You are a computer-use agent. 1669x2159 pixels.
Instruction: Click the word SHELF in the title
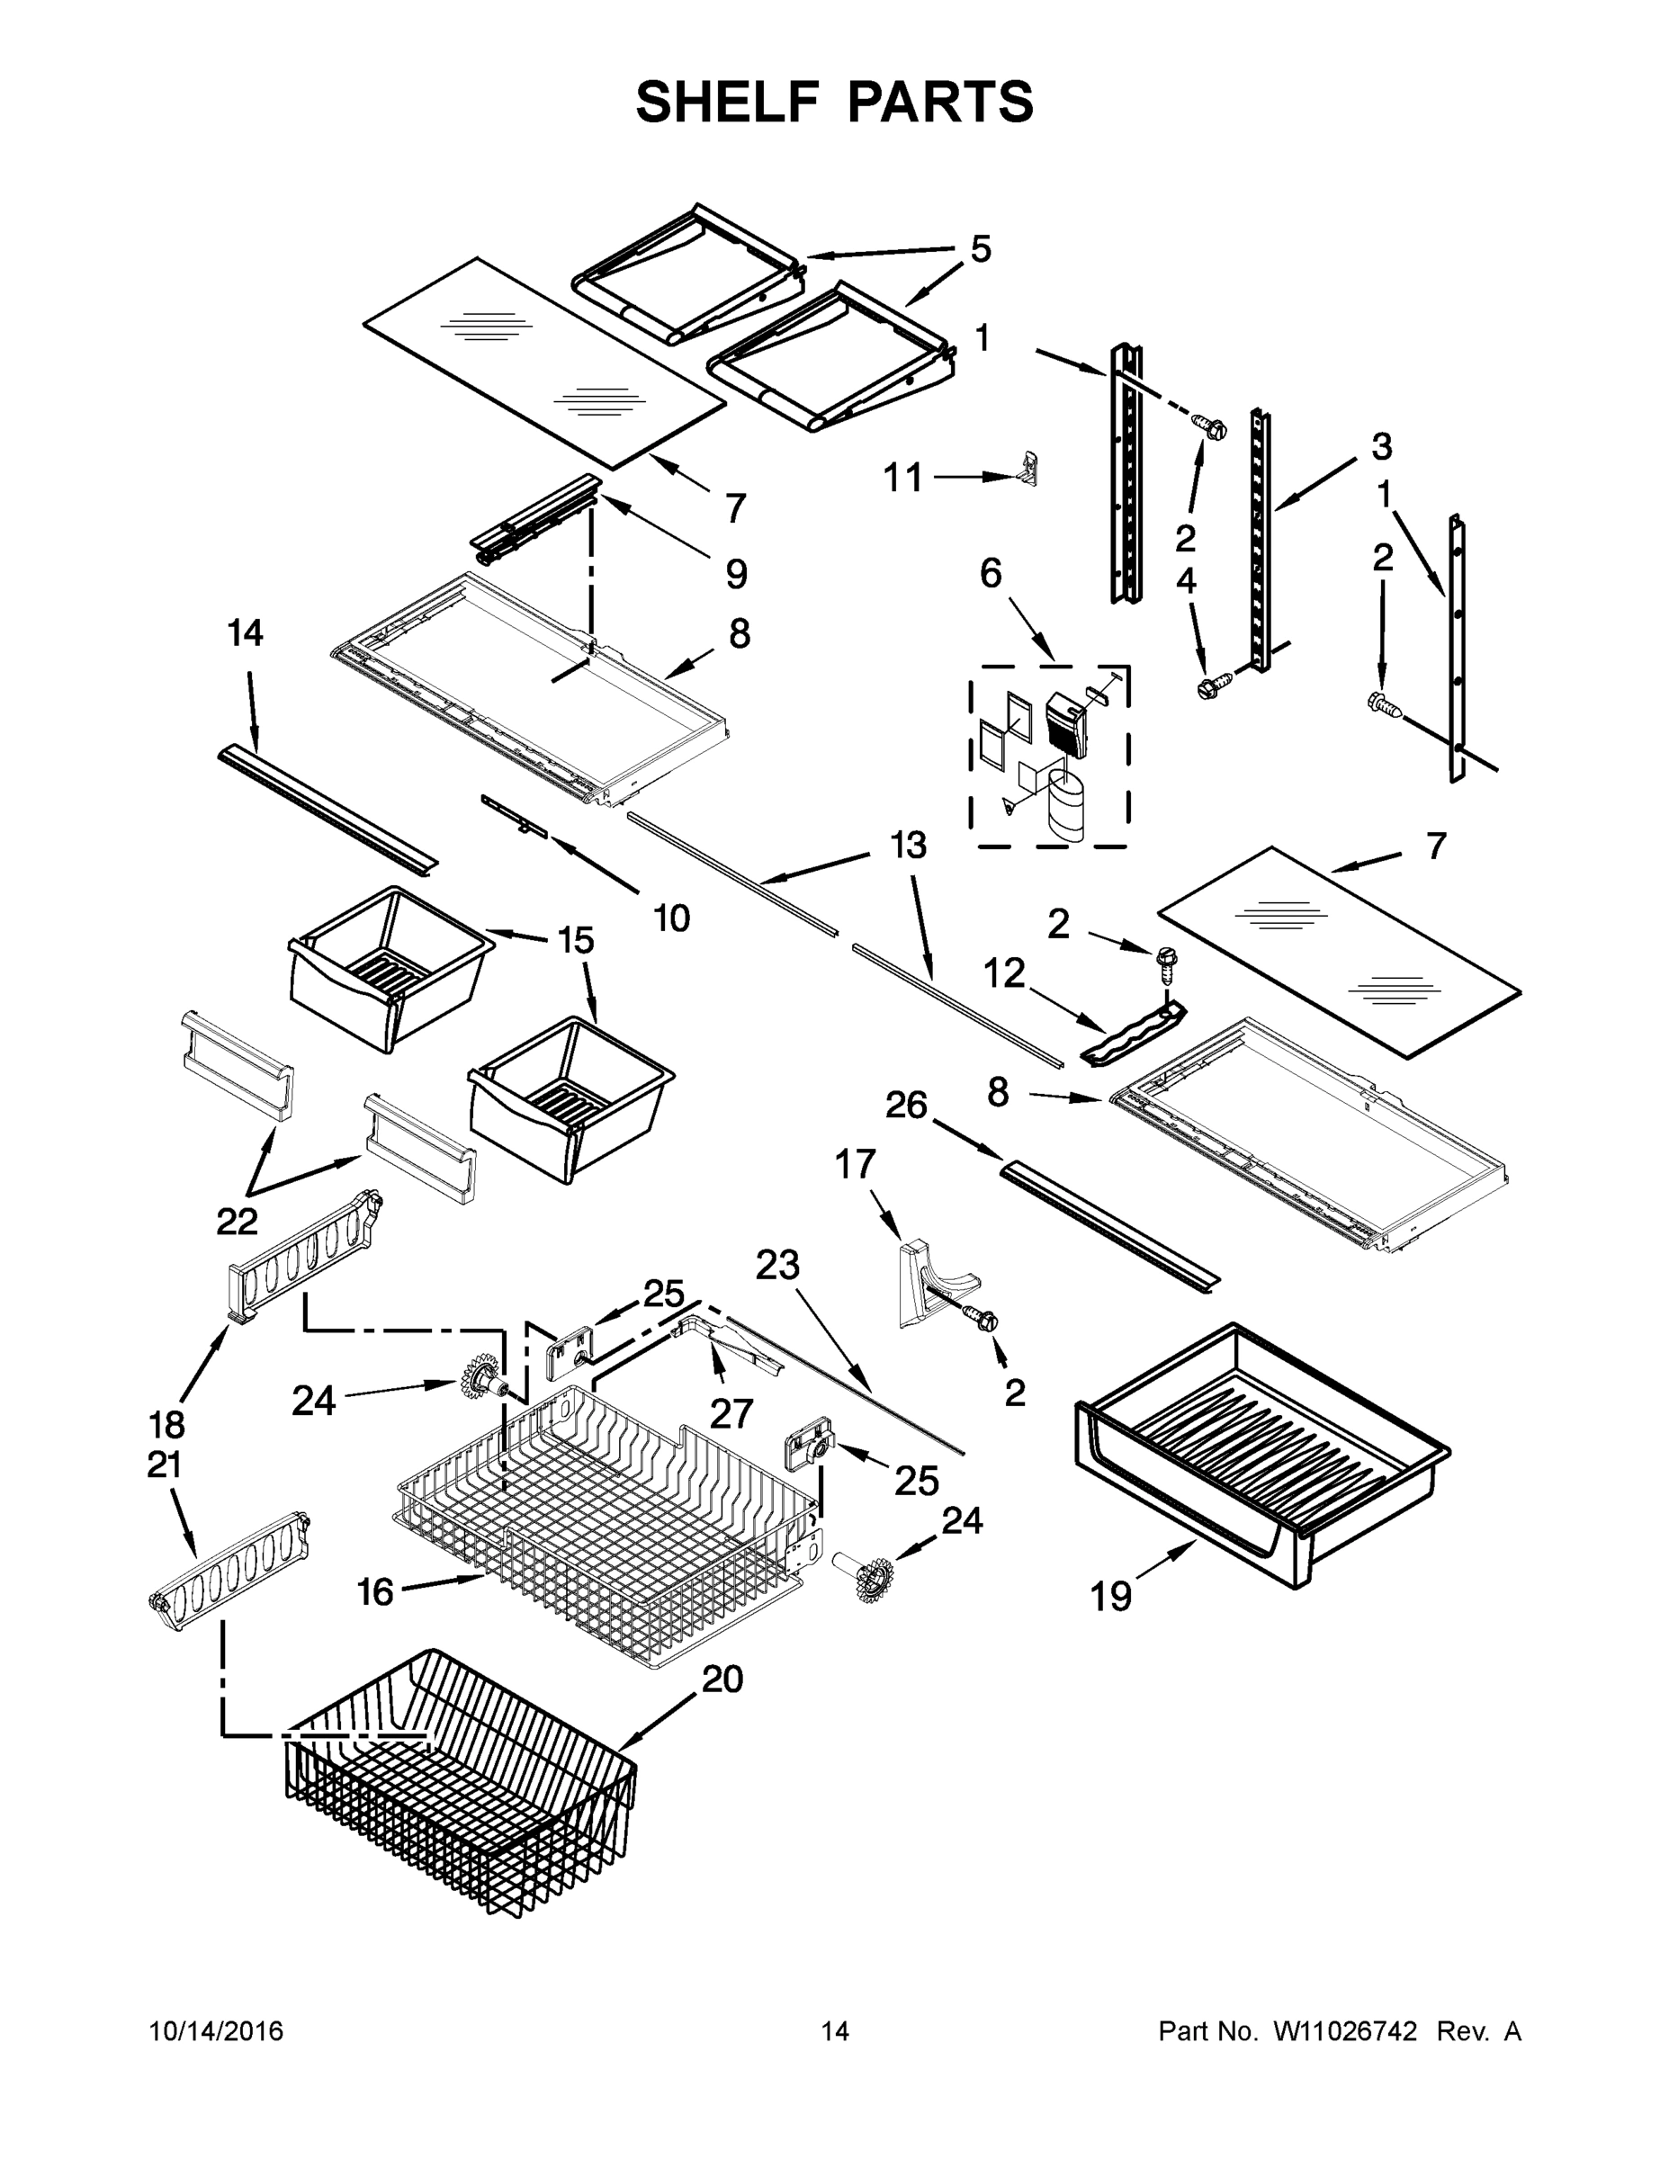tap(727, 103)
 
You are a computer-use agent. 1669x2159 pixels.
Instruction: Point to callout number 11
tap(902, 478)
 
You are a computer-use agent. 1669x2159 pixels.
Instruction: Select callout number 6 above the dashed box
tap(991, 573)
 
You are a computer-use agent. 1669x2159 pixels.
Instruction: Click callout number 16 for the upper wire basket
tap(374, 1591)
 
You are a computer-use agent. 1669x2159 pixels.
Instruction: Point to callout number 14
tap(246, 632)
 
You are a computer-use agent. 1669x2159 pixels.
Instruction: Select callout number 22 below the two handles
tap(238, 1222)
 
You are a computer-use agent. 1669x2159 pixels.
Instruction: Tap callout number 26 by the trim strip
tap(906, 1104)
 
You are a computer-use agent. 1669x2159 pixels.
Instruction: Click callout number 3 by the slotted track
tap(1381, 446)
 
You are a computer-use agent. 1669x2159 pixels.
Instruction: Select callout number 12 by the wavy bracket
tap(1003, 973)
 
